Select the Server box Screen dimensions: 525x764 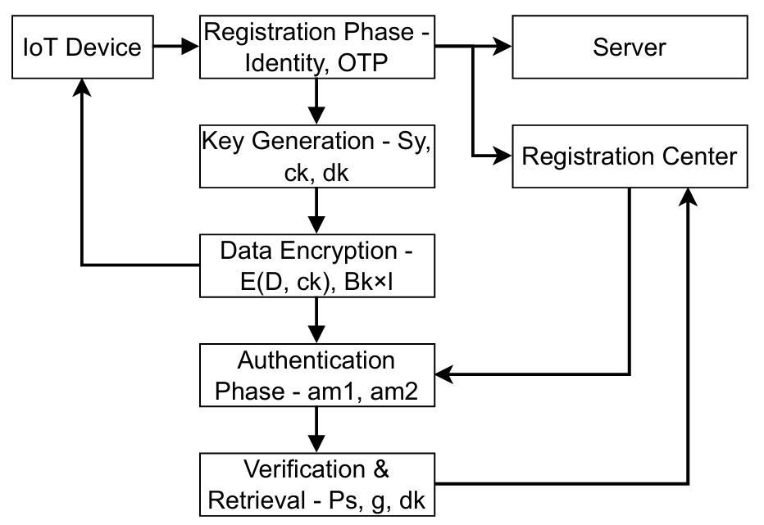point(630,48)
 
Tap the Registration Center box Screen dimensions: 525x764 point(630,156)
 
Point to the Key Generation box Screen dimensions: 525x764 point(316,156)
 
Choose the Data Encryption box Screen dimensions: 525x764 point(316,265)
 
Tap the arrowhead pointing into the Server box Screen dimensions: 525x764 point(503,48)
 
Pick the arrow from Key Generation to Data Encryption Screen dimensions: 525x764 point(316,211)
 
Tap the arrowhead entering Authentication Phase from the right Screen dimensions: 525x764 point(443,375)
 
